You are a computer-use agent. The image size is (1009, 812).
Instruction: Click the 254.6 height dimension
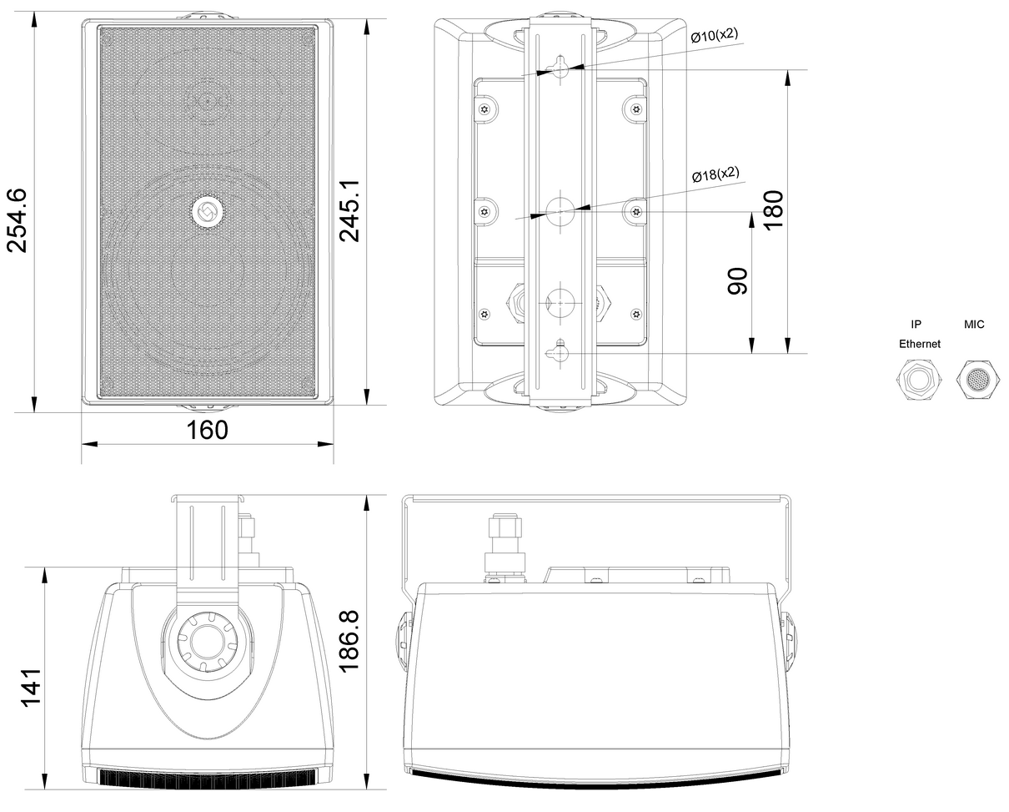coord(17,220)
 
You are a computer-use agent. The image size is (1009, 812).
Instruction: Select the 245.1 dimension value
coord(349,211)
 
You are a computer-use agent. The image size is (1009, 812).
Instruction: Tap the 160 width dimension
coord(208,430)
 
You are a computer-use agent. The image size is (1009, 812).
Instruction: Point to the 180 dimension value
coord(773,209)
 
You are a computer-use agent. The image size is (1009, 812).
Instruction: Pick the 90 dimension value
coord(737,281)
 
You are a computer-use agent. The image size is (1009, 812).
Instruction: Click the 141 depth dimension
coord(31,688)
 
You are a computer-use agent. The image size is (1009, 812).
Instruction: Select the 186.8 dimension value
coord(349,642)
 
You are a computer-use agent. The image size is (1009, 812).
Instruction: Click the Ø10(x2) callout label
coord(715,35)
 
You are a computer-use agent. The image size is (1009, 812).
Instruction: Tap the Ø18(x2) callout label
coord(715,174)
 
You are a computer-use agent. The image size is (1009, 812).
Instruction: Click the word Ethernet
coord(920,344)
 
